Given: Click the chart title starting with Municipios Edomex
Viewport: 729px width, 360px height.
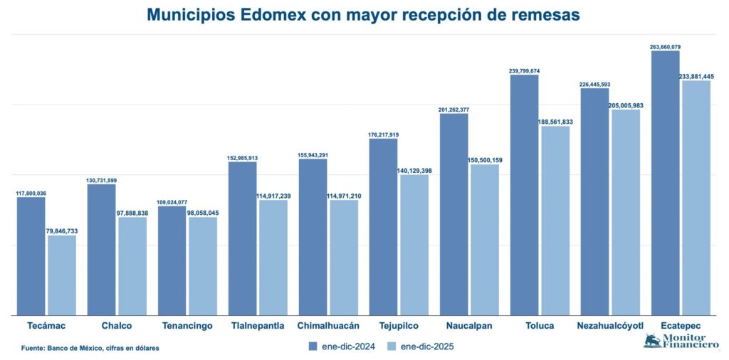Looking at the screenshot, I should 363,14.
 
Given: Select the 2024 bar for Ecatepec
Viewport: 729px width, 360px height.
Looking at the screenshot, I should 665,182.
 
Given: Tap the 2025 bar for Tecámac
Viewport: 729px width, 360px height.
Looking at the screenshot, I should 62,275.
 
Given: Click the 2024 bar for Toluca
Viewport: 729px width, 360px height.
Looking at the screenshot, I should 524,194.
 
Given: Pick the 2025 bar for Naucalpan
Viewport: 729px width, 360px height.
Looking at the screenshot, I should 485,239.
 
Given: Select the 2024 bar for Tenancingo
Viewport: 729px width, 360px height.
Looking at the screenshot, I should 172,260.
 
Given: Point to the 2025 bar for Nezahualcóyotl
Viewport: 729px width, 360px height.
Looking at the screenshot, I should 626,211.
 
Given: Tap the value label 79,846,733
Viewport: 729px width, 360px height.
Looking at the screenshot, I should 62,231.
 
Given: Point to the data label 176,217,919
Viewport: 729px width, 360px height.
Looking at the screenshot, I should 383,134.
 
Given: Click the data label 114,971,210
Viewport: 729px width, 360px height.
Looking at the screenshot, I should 344,196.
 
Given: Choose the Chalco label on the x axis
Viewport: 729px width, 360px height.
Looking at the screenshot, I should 117,326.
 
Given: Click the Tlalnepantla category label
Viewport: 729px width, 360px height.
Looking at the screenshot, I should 258,326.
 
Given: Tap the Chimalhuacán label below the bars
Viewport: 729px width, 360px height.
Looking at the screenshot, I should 328,326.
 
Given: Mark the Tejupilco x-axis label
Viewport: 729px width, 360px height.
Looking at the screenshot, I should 399,326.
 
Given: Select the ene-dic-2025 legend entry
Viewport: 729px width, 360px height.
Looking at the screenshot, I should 420,346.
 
